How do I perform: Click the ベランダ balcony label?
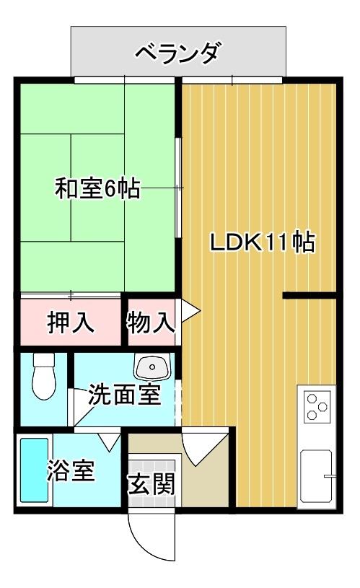177,53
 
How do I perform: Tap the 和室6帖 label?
98,190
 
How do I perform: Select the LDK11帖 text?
262,242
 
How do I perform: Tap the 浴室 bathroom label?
71,472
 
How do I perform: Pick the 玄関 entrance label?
152,484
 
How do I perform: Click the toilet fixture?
44,376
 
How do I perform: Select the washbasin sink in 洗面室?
152,368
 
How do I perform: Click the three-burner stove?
315,405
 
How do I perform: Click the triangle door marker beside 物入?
189,310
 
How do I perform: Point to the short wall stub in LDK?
310,295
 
